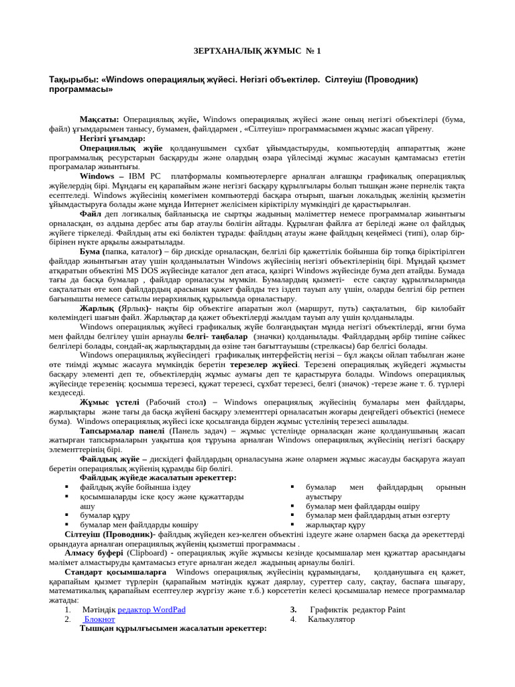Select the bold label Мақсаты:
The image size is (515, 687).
[x=99, y=119]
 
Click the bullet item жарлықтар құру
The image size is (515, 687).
[x=335, y=525]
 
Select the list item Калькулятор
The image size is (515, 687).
[x=331, y=619]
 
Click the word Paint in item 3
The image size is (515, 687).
[x=396, y=610]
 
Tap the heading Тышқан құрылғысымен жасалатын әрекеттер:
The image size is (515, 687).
[x=173, y=629]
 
